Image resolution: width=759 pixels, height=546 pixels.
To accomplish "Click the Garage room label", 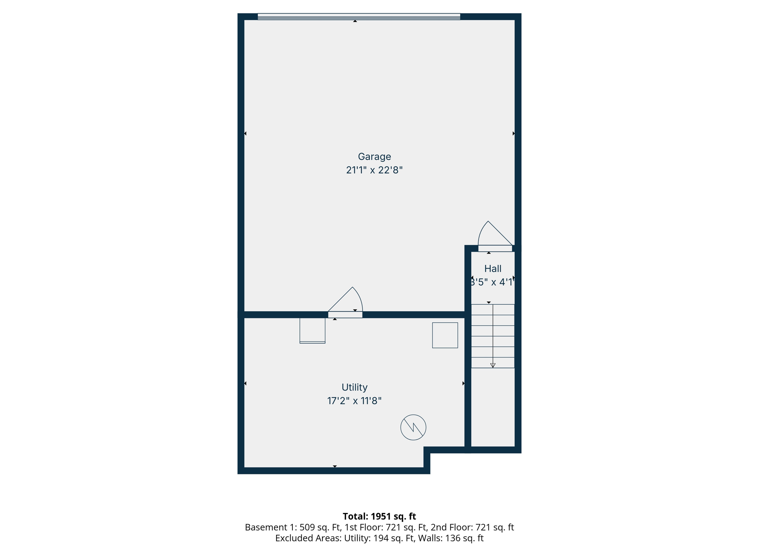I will pos(374,157).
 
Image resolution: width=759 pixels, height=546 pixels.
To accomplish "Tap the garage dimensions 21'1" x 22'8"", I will pos(374,170).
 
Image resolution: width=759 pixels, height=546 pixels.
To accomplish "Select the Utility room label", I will pos(354,387).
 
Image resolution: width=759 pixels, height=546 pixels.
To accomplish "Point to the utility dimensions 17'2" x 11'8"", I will pos(354,401).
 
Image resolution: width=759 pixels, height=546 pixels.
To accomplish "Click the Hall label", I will pos(493,269).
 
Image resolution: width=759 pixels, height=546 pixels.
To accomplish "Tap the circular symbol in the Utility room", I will pos(413,427).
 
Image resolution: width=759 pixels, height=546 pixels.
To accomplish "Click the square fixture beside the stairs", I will pos(445,335).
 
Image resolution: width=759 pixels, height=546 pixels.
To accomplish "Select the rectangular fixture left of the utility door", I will pos(312,330).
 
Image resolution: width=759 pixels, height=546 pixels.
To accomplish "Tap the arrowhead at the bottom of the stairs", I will pos(493,365).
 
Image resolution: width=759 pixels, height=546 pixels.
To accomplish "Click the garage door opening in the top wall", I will pos(359,17).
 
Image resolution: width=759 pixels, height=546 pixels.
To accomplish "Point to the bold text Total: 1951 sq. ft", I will pos(379,516).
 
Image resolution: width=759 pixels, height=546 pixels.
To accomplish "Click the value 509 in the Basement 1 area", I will pos(307,527).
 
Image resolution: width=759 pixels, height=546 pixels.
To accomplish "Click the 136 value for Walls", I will pos(452,538).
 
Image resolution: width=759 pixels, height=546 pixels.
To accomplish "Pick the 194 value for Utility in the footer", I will pos(380,538).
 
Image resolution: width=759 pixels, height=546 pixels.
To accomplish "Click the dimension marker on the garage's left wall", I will pos(245,133).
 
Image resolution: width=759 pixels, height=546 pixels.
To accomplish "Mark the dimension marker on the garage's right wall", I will pos(514,133).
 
